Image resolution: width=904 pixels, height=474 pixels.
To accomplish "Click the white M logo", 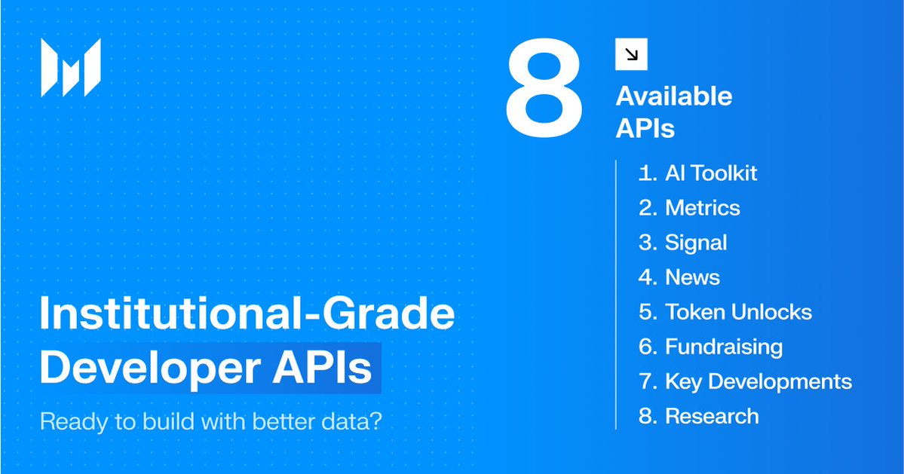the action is [x=71, y=67].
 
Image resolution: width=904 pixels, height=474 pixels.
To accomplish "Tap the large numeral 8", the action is [x=544, y=88].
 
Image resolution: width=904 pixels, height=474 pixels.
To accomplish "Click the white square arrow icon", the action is [x=631, y=54].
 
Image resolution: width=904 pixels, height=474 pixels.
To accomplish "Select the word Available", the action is [x=674, y=96].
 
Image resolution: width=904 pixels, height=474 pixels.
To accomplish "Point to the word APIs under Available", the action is [x=645, y=128].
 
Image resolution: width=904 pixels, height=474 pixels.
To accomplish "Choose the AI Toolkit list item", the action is [x=697, y=173].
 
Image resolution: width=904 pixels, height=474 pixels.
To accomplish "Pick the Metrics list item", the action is [x=689, y=208].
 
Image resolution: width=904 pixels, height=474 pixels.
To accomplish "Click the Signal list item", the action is [x=682, y=243].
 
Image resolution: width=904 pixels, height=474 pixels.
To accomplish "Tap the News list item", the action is [x=679, y=277].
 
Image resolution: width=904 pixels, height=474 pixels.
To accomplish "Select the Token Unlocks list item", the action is [x=725, y=312].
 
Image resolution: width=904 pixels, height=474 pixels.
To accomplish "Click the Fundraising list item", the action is [x=711, y=347].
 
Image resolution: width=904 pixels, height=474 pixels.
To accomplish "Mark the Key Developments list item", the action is [x=746, y=382].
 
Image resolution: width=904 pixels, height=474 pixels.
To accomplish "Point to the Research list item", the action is [x=699, y=417].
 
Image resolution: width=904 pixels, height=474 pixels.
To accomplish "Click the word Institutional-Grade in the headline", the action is [x=247, y=313].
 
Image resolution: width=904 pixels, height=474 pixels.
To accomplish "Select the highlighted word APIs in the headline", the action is [x=322, y=368].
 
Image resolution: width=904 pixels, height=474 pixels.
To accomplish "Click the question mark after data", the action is [x=376, y=421].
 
